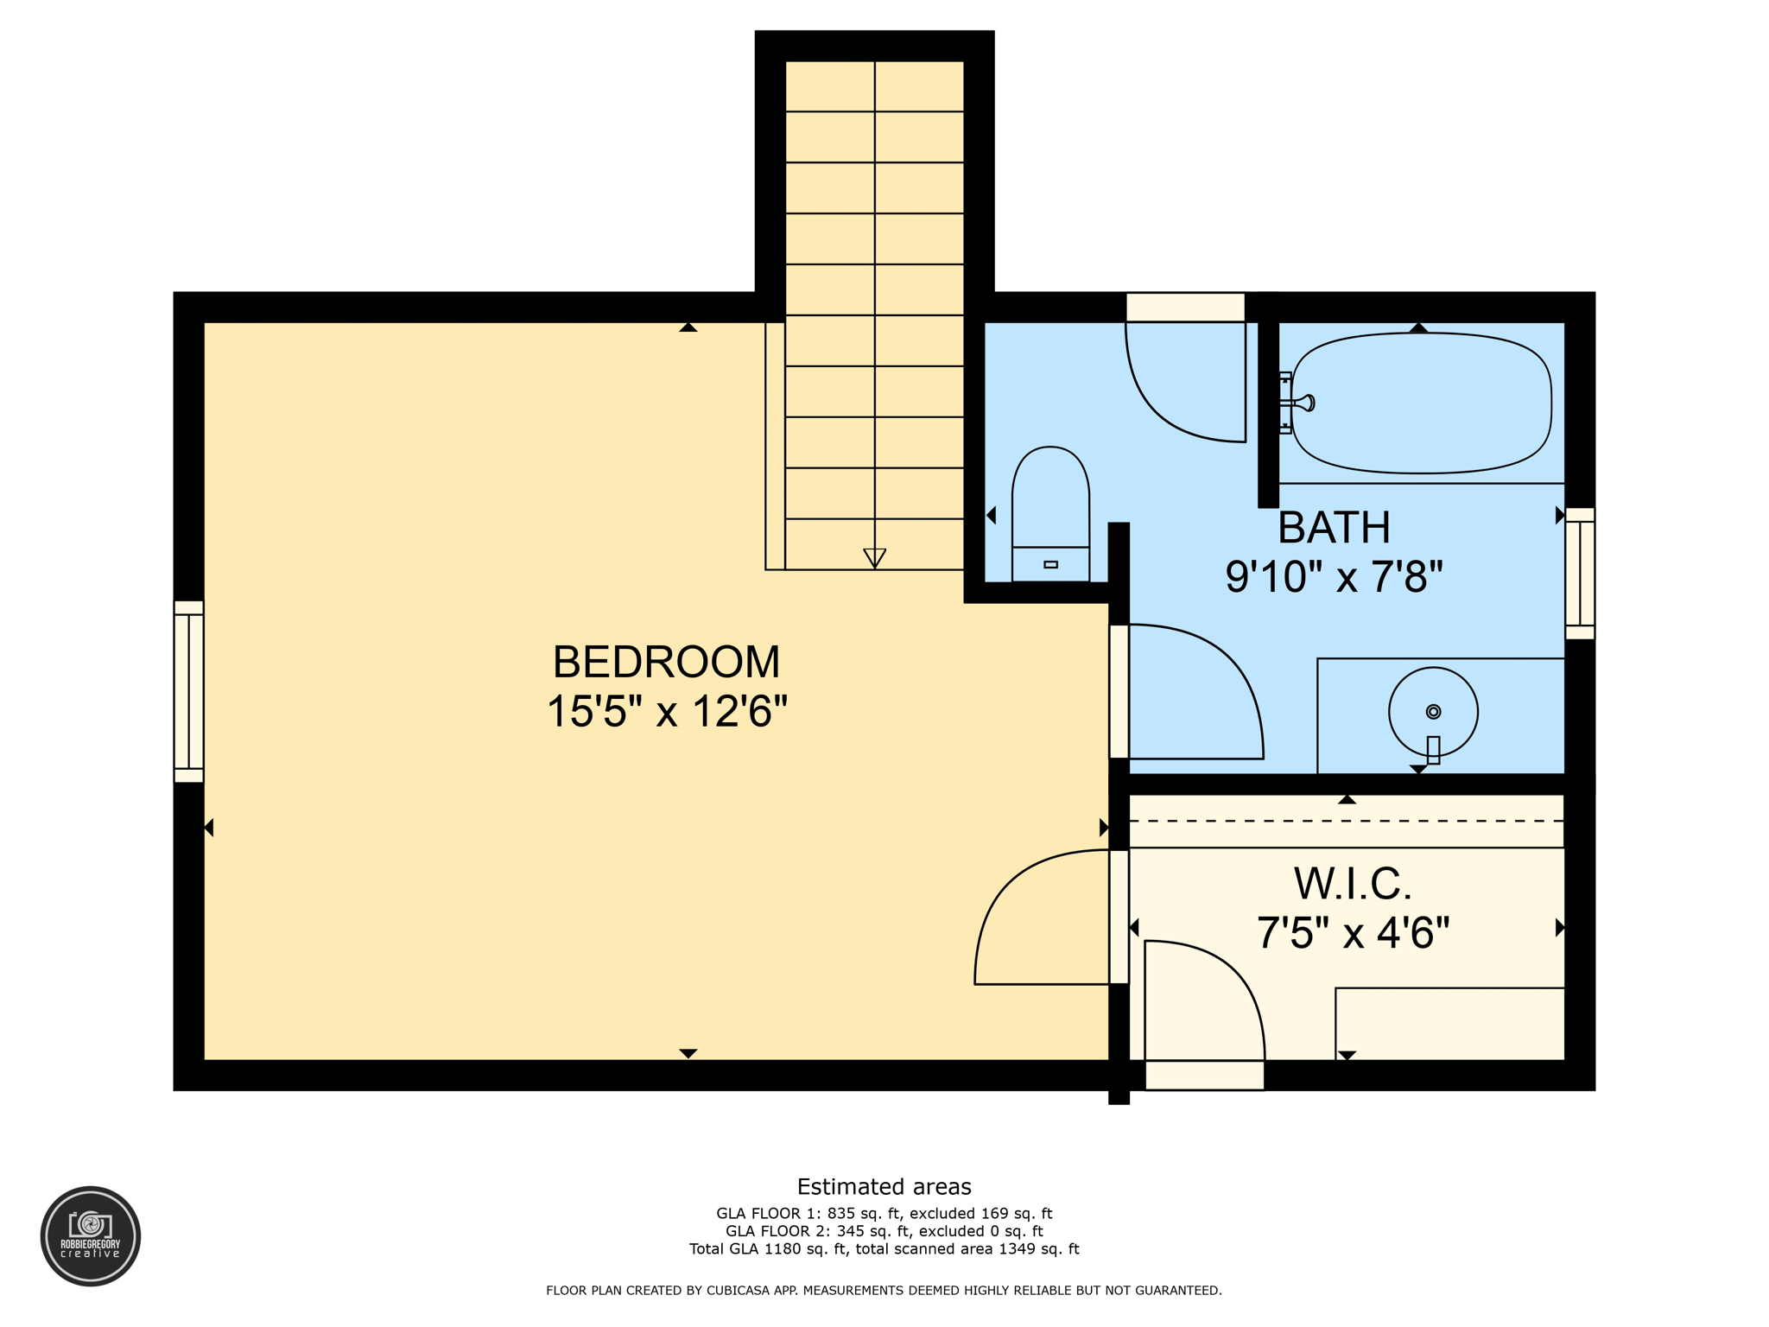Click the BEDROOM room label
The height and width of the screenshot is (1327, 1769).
(x=666, y=663)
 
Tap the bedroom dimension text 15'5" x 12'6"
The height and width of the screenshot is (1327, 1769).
(x=666, y=713)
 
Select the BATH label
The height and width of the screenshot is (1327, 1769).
(x=1334, y=528)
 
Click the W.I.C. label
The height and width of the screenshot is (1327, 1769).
(x=1353, y=884)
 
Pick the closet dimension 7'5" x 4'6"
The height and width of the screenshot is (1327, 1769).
(x=1353, y=933)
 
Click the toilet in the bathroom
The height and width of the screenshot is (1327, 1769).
(x=1050, y=514)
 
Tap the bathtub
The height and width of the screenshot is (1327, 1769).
(x=1422, y=403)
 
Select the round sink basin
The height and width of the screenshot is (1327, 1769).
(x=1433, y=712)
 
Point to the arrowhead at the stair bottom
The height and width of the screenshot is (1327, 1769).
(x=875, y=558)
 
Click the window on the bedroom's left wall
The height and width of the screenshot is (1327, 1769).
(x=189, y=692)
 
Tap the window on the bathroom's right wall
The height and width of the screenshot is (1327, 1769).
(x=1580, y=574)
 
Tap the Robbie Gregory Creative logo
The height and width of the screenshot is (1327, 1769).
(x=91, y=1235)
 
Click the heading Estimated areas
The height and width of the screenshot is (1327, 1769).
(x=884, y=1186)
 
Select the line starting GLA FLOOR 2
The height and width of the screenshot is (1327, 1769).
(x=884, y=1231)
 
